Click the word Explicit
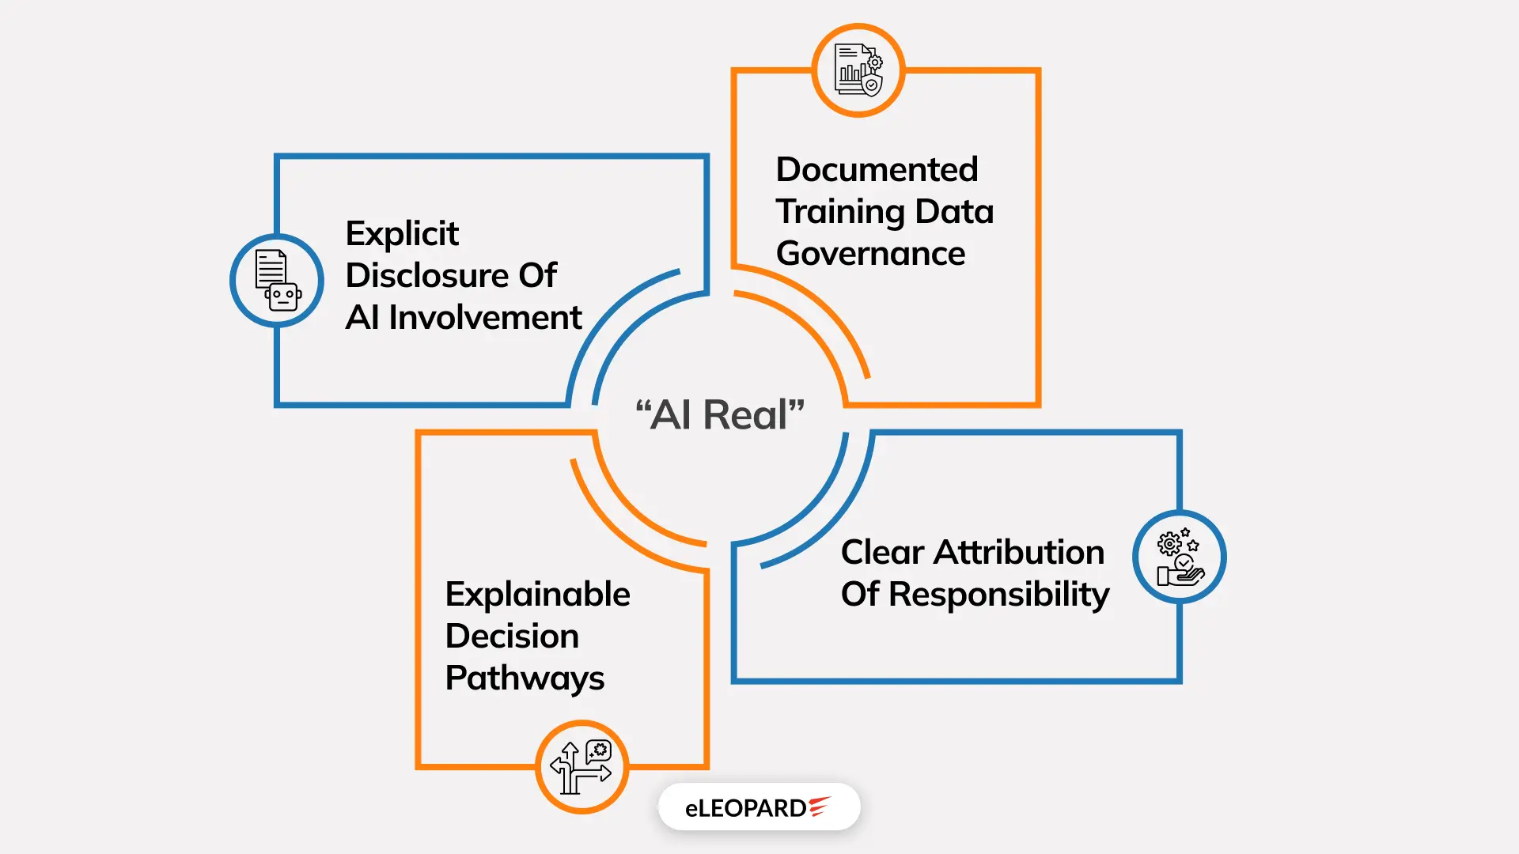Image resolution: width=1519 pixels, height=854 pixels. (402, 234)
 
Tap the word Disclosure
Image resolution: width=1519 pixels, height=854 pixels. (426, 276)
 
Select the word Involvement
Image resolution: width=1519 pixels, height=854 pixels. (485, 318)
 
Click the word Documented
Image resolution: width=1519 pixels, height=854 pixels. (877, 170)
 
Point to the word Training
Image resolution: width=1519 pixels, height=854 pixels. (840, 212)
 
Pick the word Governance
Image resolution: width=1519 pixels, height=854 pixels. (870, 254)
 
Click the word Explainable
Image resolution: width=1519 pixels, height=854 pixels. (537, 595)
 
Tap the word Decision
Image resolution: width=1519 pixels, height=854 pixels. (512, 637)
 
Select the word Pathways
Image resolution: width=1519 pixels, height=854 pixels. (525, 678)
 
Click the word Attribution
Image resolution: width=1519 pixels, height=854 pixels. (1019, 553)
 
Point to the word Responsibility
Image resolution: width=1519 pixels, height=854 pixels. (999, 595)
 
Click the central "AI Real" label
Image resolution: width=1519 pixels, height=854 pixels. (720, 415)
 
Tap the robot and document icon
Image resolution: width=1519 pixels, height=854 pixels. (277, 281)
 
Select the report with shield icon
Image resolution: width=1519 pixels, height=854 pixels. (858, 70)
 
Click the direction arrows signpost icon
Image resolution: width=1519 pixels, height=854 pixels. (581, 767)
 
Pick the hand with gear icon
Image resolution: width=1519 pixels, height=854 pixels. (1179, 557)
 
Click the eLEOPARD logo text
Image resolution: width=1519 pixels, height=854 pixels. (745, 808)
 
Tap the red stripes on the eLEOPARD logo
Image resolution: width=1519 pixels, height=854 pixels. (820, 806)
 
